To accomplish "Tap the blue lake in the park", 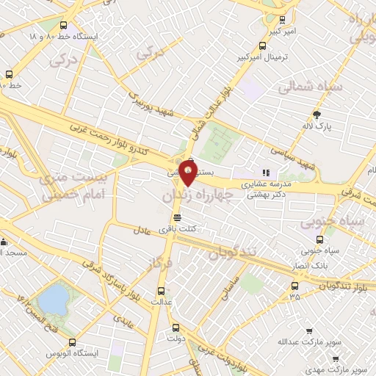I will coord(52,299).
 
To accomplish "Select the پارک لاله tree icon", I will coord(317,114).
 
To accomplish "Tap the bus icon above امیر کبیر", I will coord(283,20).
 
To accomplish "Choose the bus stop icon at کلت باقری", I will coord(177,217).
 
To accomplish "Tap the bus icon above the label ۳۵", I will coord(294,286).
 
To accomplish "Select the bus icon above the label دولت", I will coord(175,328).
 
